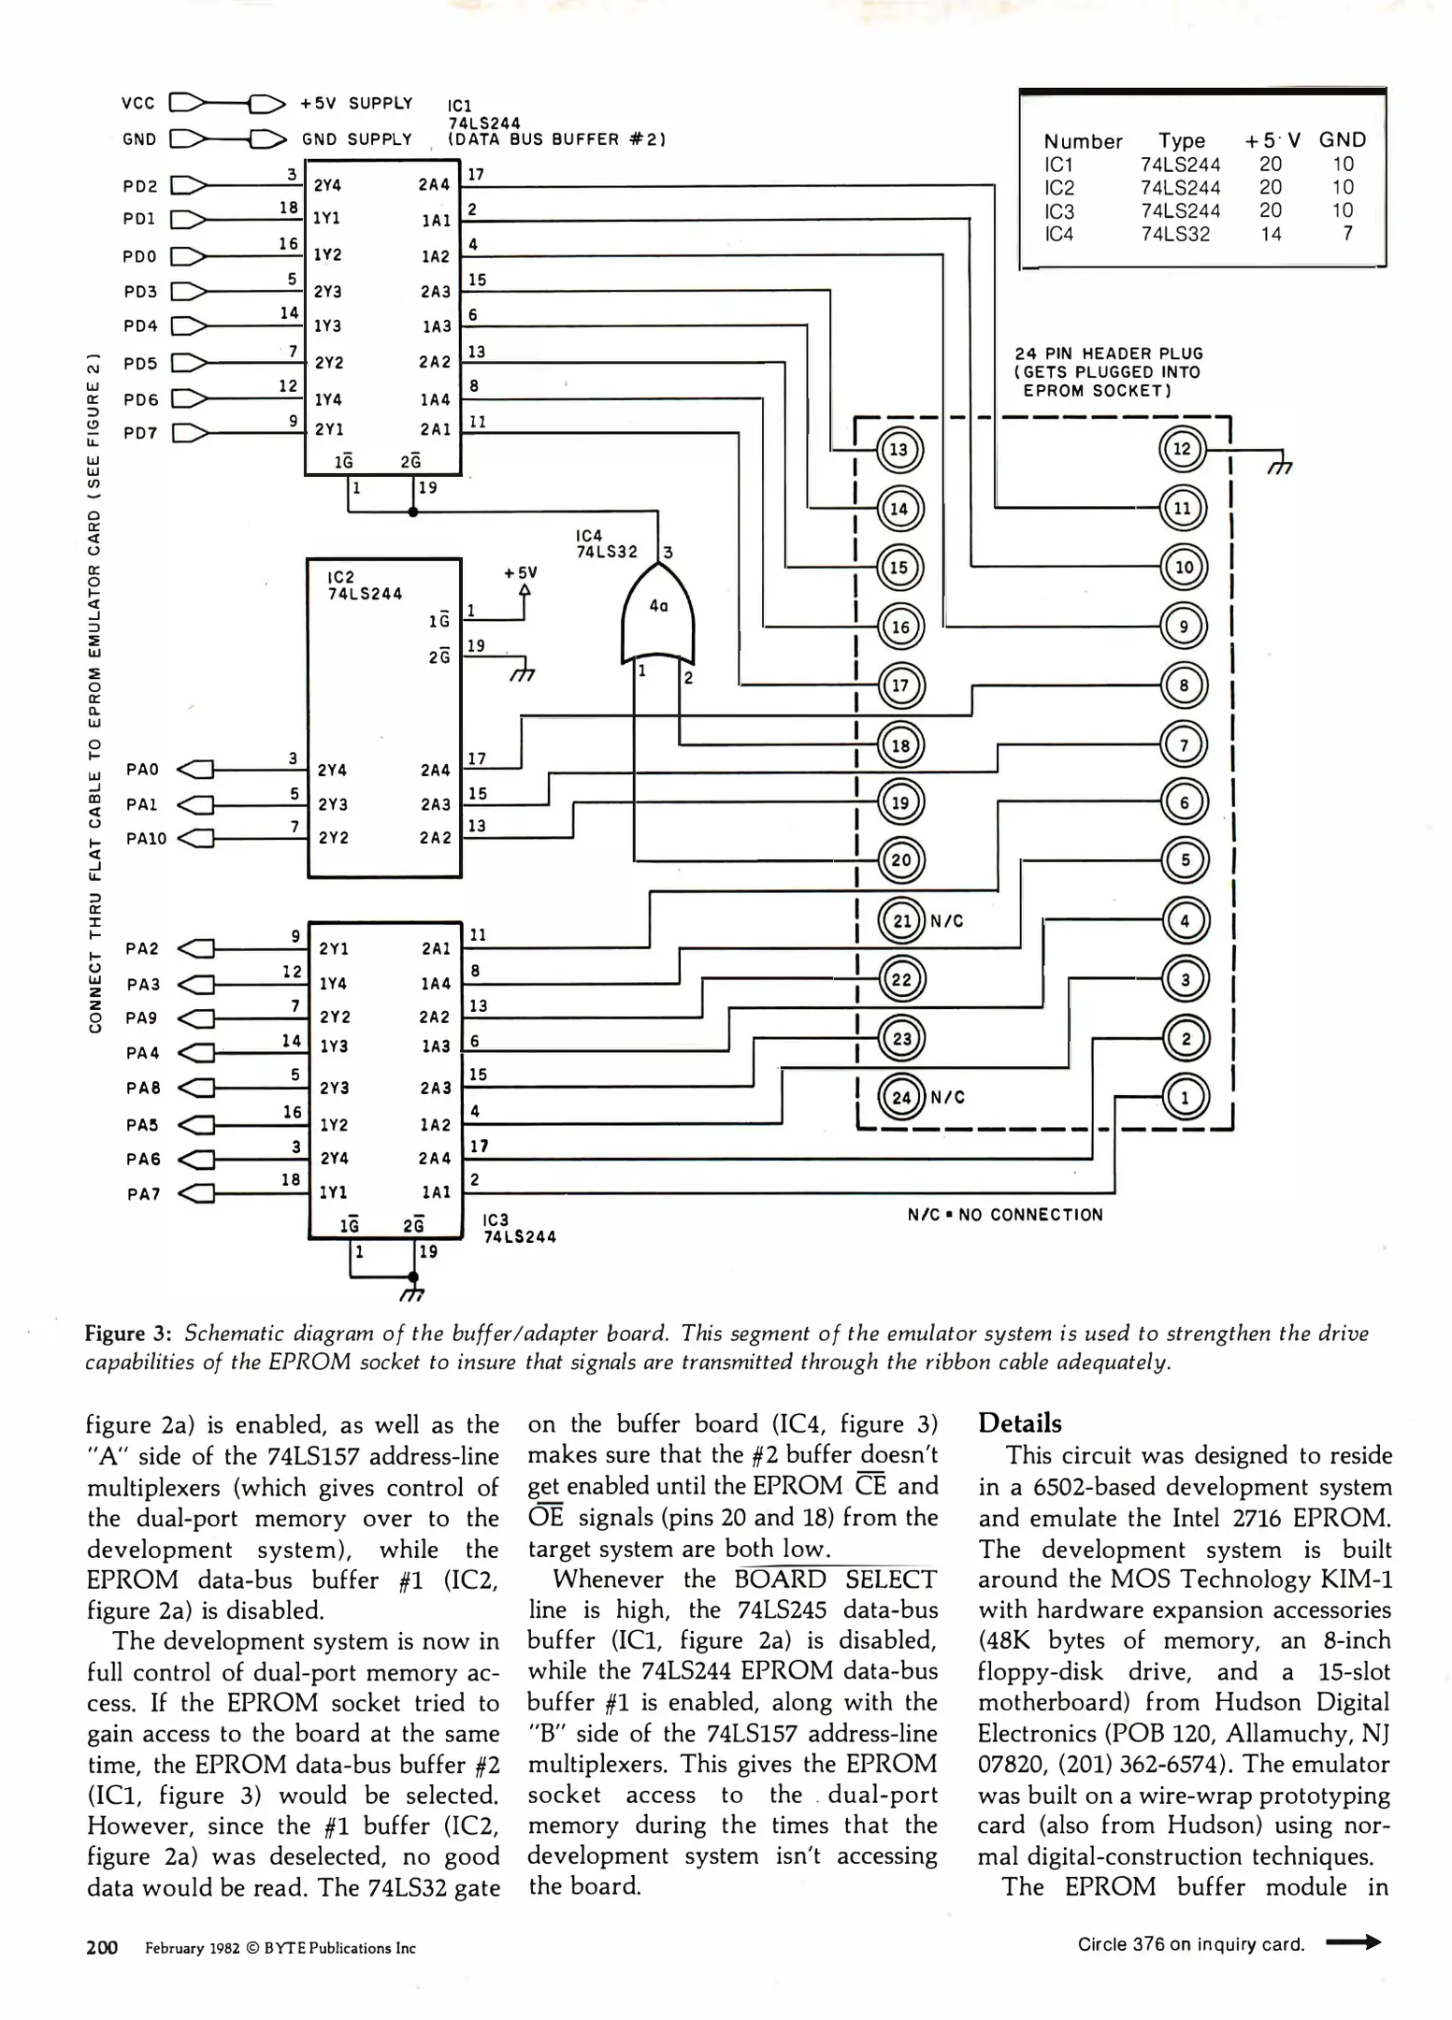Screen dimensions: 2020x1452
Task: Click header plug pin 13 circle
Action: (x=899, y=450)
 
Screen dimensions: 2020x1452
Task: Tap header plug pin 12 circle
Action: (x=1183, y=449)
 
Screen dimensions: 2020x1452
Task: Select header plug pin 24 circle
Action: (x=901, y=1097)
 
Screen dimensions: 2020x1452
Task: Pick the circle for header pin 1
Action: (x=1186, y=1097)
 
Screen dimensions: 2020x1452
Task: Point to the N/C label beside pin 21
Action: (x=946, y=921)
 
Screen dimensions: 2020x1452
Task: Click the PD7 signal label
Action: (x=140, y=433)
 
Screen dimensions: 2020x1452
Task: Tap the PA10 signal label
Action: (x=146, y=839)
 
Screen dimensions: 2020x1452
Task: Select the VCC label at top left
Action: (x=138, y=103)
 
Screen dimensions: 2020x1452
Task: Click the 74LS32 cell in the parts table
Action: (x=1174, y=234)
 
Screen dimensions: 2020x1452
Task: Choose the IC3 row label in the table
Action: (x=1059, y=210)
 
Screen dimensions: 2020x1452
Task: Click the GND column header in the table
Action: (x=1342, y=140)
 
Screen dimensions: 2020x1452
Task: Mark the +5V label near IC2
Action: (x=521, y=572)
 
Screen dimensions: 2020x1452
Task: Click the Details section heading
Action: (x=1019, y=1423)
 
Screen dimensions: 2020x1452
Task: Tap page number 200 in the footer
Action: (x=102, y=1948)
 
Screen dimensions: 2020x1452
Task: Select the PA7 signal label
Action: (x=143, y=1194)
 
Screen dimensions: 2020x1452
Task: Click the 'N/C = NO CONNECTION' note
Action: (x=1004, y=1215)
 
